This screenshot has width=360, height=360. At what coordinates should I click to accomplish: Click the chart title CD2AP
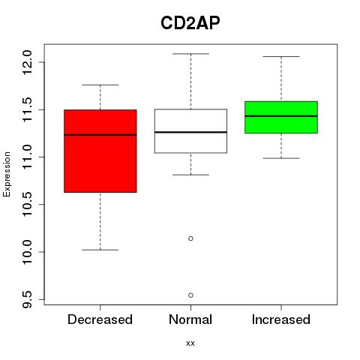coord(190,22)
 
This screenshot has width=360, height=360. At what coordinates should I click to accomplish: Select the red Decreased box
coord(100,151)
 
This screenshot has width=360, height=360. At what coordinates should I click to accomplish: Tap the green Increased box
coord(281,117)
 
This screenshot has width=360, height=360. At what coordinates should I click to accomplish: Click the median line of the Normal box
coord(190,132)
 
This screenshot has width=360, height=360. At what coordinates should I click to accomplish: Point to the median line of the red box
coord(100,135)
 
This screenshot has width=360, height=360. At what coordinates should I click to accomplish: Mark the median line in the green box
coord(281,116)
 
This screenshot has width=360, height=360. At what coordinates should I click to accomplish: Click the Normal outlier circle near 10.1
coord(190,238)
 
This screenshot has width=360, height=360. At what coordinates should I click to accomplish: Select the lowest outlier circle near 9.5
coord(190,295)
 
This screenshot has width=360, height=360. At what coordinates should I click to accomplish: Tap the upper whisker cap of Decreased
coord(100,85)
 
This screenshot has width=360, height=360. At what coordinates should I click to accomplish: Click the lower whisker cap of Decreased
coord(100,250)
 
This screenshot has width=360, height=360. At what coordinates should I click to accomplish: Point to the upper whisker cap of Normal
coord(190,54)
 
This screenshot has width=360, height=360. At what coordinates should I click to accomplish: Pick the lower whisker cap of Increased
coord(281,158)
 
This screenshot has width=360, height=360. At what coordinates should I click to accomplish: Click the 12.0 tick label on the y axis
coord(27,62)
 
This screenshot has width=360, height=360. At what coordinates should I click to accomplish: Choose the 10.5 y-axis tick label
coord(27,205)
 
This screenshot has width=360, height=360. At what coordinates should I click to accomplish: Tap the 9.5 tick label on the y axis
coord(27,299)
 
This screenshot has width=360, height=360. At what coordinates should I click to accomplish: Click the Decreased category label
coord(100,319)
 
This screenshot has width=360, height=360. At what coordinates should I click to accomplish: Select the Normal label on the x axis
coord(190,319)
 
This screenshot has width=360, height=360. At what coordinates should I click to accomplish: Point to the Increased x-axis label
coord(281,319)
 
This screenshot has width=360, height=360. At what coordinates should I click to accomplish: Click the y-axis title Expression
coord(7,174)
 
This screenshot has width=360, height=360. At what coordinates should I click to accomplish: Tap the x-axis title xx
coord(190,343)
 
